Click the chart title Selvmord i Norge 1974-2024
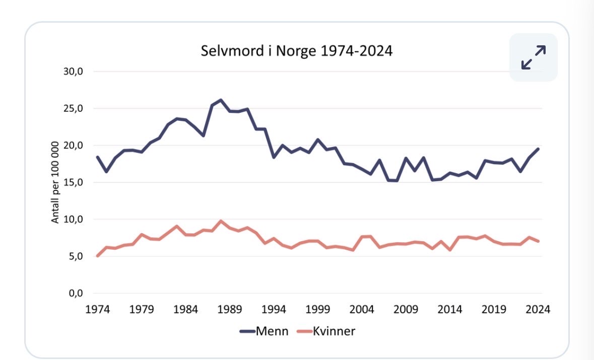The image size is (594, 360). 296,51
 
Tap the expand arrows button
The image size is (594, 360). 534,57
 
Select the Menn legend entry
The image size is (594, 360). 264,331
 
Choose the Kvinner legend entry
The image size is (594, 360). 326,331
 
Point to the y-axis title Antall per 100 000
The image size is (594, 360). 55,182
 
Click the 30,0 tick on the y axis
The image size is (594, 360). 73,71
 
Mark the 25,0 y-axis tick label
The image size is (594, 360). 73,108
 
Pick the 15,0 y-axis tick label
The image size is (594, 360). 73,182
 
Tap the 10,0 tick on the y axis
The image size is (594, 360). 73,219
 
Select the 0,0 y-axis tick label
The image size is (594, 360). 76,293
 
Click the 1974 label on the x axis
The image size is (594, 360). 97,309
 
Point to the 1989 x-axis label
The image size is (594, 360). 230,309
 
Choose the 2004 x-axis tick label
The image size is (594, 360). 362,309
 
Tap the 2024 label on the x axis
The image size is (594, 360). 538,309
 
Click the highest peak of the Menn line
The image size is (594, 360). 221,100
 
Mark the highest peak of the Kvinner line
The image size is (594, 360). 221,221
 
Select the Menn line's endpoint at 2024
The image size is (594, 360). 538,149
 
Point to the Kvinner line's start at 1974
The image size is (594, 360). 98,256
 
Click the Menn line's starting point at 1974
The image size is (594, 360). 98,157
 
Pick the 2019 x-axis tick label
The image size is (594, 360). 494,309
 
